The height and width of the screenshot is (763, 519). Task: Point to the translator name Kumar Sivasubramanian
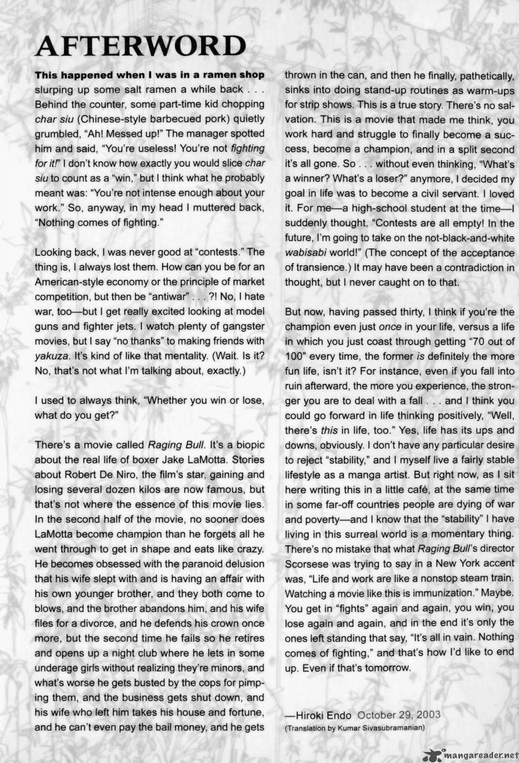click(379, 727)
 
